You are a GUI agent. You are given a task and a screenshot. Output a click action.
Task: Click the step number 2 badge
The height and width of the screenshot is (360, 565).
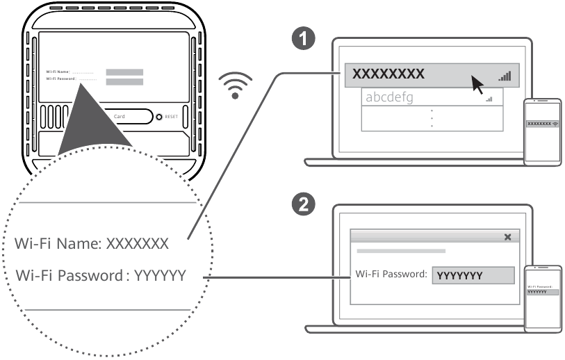[x=301, y=204]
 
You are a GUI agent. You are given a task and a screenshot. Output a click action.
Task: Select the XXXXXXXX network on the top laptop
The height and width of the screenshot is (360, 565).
[x=389, y=74]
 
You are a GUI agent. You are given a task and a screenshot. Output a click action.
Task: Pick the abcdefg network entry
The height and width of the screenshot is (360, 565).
[x=389, y=98]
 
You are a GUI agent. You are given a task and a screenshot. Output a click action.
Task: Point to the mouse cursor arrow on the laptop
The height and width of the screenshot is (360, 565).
[x=477, y=83]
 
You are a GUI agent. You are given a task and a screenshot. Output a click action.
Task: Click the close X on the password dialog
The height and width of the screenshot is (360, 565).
[x=507, y=237]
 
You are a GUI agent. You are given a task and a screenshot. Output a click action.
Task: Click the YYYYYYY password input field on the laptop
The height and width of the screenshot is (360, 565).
[x=473, y=275]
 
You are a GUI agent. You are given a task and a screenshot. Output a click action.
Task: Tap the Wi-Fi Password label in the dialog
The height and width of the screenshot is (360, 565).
[x=391, y=274]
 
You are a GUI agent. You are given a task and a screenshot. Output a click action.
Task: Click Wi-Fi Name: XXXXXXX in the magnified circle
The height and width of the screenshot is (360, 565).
[x=101, y=244]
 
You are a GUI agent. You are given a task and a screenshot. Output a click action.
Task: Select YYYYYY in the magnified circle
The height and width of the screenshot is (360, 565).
[x=160, y=276]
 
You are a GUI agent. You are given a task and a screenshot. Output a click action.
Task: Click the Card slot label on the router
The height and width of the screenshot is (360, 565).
[x=120, y=117]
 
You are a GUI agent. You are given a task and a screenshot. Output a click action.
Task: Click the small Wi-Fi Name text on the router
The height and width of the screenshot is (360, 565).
[x=58, y=72]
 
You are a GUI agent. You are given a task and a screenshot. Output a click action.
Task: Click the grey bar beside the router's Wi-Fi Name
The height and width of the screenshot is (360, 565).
[x=124, y=72]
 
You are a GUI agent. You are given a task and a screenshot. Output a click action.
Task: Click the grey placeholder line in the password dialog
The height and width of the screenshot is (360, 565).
[x=400, y=250]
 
